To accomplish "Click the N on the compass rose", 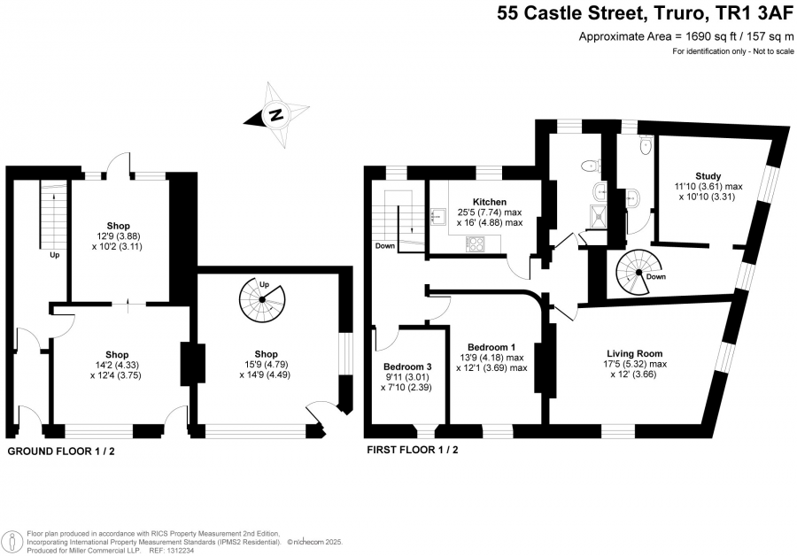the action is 276,115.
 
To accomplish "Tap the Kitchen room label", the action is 490,202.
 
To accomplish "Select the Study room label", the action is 708,176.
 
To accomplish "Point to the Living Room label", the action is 634,353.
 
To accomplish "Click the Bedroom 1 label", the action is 491,347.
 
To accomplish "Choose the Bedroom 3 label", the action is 407,367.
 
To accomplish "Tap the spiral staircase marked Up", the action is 262,300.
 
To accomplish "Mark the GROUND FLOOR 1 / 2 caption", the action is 61,451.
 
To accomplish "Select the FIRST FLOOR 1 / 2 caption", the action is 412,450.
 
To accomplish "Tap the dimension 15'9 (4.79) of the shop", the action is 266,365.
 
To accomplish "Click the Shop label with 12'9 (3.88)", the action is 118,226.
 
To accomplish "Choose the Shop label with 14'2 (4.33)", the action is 117,354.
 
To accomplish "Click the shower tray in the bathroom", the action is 599,214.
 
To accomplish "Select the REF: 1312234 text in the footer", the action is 171,551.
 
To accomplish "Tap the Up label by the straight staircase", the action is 54,255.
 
